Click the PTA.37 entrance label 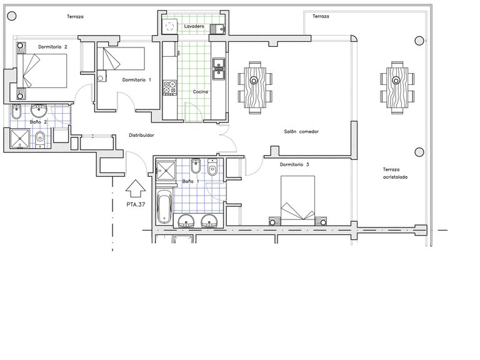click(136, 204)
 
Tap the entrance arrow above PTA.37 click(135, 189)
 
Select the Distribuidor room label click(141, 135)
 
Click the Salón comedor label click(301, 132)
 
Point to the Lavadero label click(194, 26)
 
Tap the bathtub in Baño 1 click(164, 207)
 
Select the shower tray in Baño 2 click(19, 138)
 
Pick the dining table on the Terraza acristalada click(397, 87)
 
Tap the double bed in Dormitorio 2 click(42, 71)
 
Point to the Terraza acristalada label click(395, 173)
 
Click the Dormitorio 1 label click(136, 80)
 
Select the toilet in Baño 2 click(40, 139)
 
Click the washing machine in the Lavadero click(169, 26)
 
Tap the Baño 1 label click(191, 181)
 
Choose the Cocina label click(200, 91)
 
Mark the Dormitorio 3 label click(294, 165)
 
